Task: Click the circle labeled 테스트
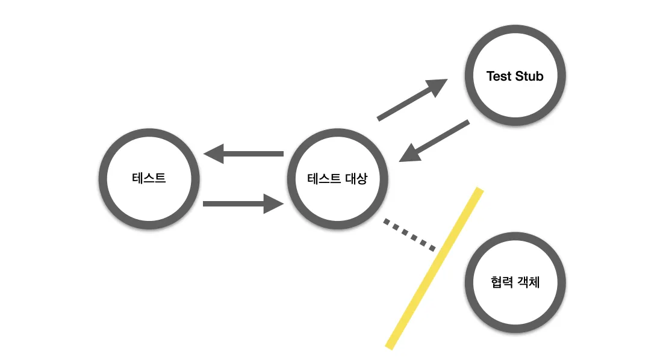click(149, 179)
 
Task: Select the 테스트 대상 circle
click(337, 179)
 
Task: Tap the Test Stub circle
click(514, 76)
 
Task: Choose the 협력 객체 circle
click(515, 282)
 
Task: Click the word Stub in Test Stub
click(529, 76)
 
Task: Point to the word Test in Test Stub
click(499, 76)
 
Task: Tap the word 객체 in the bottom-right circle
click(529, 282)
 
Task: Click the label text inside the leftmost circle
click(149, 179)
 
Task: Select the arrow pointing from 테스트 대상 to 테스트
click(244, 154)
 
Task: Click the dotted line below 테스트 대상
click(409, 234)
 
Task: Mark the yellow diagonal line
click(434, 268)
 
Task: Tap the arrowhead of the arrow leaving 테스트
click(274, 204)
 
